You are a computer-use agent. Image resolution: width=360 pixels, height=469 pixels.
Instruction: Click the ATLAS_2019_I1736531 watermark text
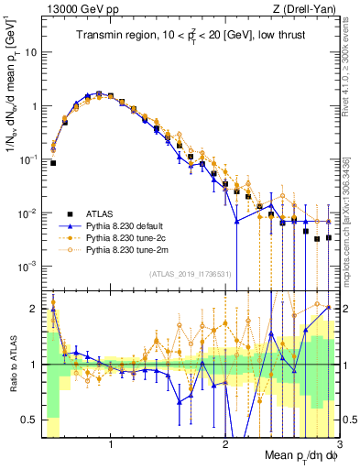pos(190,274)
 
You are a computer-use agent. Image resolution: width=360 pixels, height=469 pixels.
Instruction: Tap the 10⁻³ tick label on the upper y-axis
pos(29,267)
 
